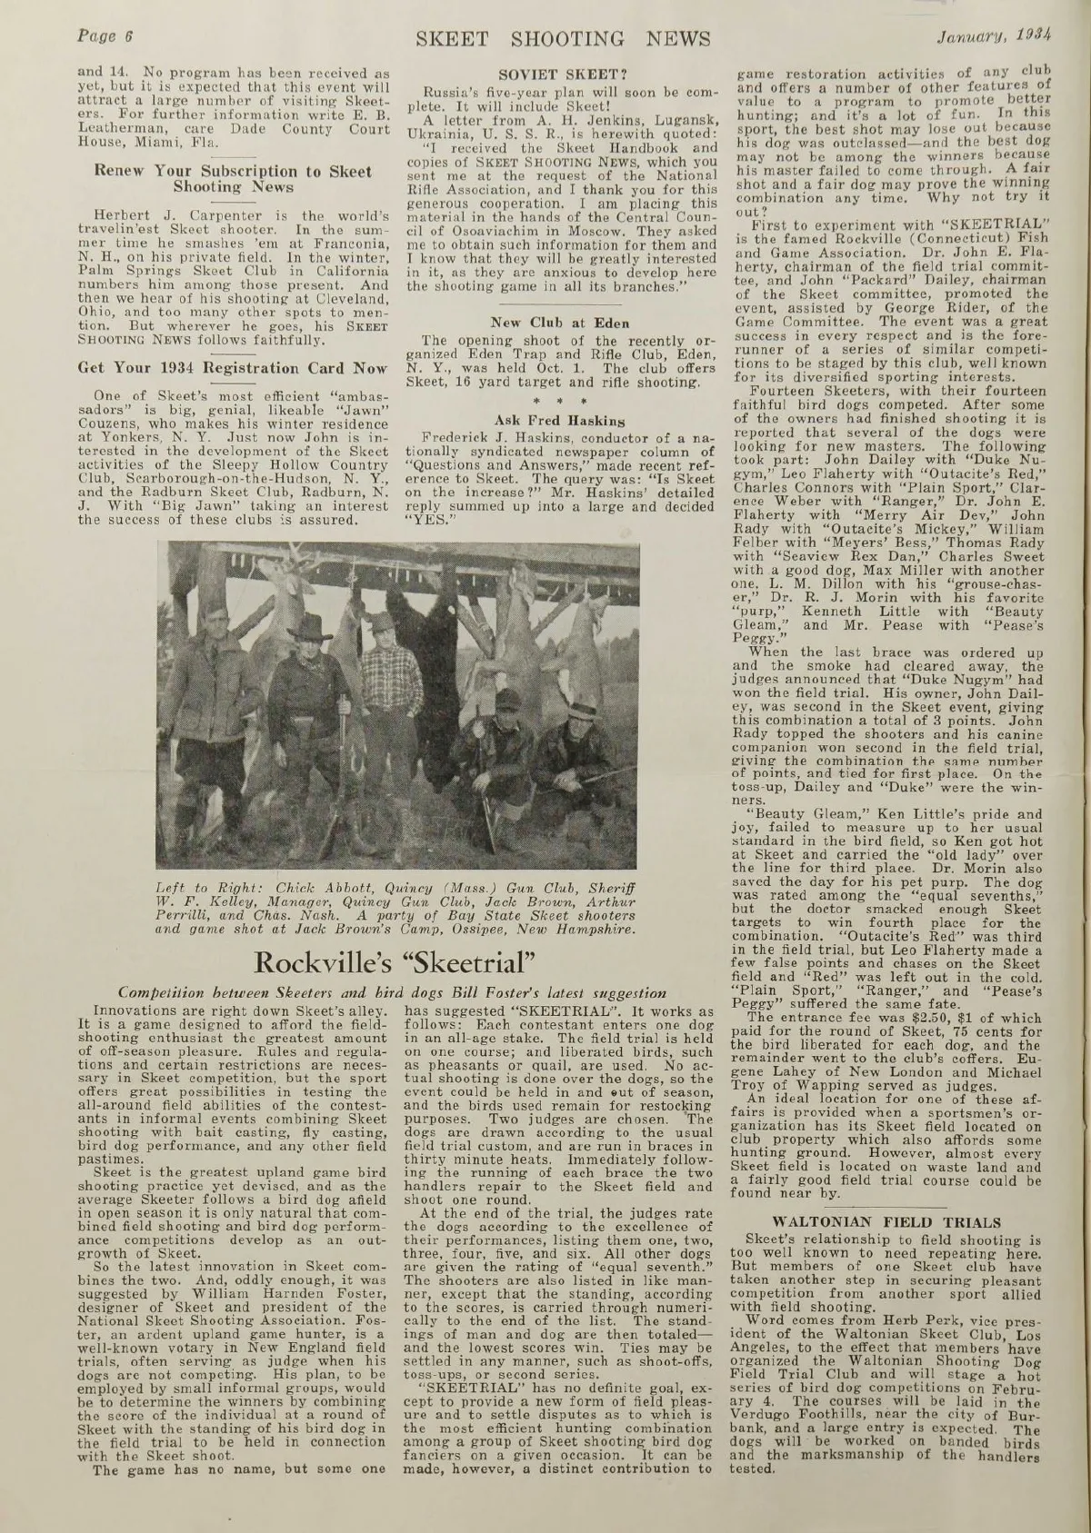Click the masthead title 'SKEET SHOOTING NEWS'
click(545, 38)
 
